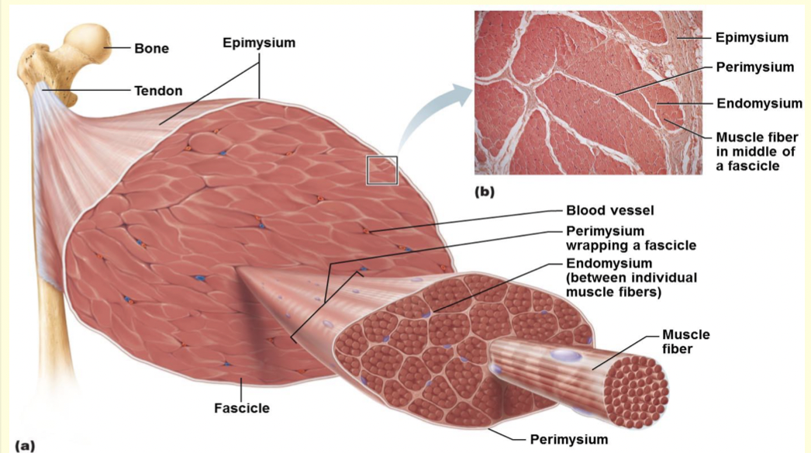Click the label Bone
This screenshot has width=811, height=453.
[x=151, y=48]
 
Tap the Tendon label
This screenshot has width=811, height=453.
[x=158, y=91]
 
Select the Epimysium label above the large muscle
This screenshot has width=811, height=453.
[x=259, y=43]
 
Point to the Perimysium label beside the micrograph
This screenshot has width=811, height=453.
[x=754, y=67]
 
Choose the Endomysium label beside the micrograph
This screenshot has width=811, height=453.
[x=758, y=103]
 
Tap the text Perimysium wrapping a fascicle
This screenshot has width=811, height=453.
[x=630, y=238]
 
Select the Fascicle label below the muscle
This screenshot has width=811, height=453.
[x=241, y=407]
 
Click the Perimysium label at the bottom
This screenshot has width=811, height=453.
[x=568, y=439]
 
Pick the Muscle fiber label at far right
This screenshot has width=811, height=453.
[x=685, y=342]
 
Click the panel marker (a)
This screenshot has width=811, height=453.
[x=16, y=445]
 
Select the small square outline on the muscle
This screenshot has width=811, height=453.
[x=382, y=170]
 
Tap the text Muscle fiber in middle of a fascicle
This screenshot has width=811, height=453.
[x=756, y=151]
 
